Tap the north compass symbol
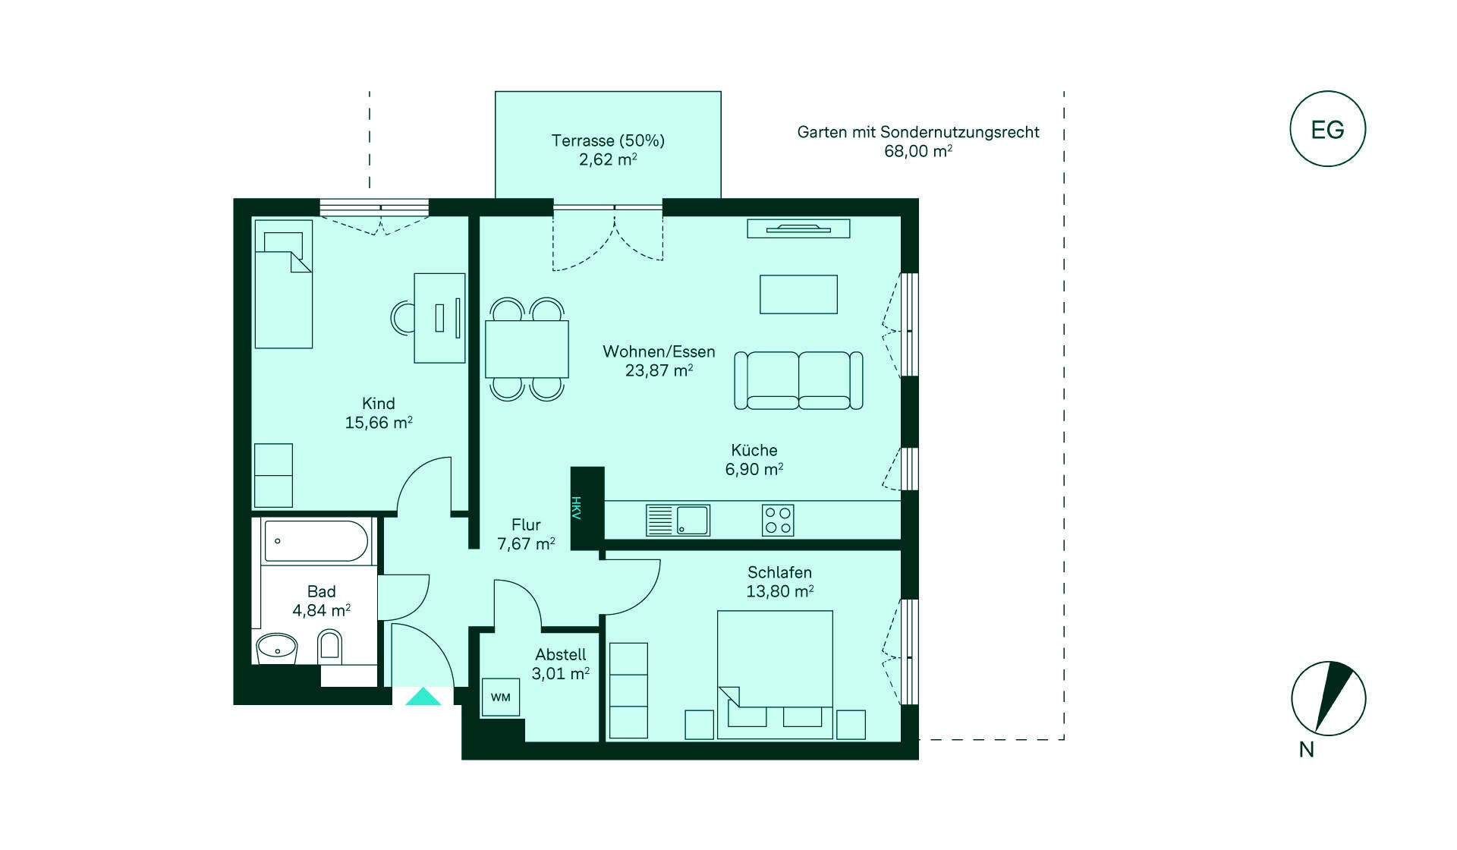coord(1328,698)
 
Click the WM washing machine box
coord(501,697)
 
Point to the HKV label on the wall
coord(576,507)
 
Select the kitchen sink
coord(678,521)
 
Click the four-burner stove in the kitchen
coord(778,521)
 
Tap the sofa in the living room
coord(798,380)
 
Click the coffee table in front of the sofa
coord(798,294)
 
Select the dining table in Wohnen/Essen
coord(527,349)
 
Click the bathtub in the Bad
coord(317,541)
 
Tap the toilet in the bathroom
coord(329,647)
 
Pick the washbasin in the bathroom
coord(277,649)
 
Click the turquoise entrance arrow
coord(423,697)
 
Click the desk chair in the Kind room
coord(402,319)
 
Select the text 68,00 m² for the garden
coord(918,151)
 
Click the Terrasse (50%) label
coord(608,140)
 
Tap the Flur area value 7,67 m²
coord(526,544)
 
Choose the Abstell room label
coord(561,654)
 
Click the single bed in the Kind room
coord(283,285)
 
